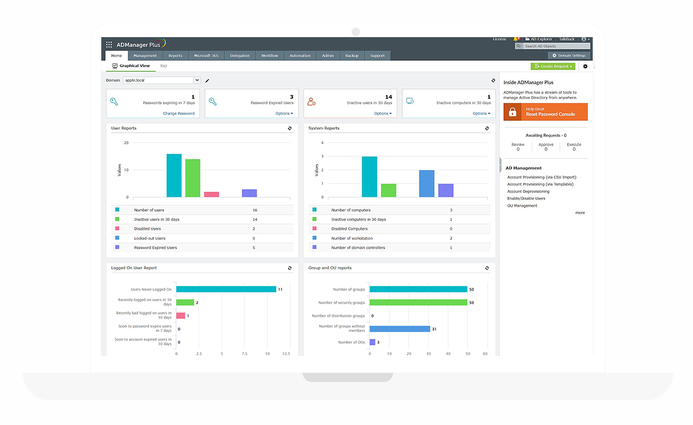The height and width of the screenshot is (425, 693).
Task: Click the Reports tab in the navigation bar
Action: click(175, 56)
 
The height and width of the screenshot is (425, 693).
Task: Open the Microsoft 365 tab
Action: click(206, 56)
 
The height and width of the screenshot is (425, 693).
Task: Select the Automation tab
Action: click(300, 56)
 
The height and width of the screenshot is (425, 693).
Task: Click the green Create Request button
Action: click(552, 67)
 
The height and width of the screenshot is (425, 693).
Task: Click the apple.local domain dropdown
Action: click(162, 80)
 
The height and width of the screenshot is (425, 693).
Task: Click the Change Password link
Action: click(178, 113)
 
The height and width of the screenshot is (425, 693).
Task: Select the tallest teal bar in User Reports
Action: click(174, 176)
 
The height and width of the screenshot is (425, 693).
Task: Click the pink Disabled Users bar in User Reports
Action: click(211, 194)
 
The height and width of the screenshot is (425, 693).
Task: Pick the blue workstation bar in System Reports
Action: click(427, 183)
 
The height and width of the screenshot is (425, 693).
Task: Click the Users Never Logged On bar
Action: click(226, 289)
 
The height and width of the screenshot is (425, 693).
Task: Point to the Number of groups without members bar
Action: click(399, 329)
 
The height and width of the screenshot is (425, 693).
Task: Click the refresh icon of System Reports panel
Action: click(487, 128)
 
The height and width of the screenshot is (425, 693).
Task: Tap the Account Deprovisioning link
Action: click(528, 192)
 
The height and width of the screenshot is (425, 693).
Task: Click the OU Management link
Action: click(522, 206)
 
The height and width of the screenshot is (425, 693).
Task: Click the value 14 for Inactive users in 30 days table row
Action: click(255, 219)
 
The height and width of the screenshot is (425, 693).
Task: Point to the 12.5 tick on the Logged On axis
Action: click(286, 354)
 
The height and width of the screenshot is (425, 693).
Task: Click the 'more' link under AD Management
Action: click(580, 213)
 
